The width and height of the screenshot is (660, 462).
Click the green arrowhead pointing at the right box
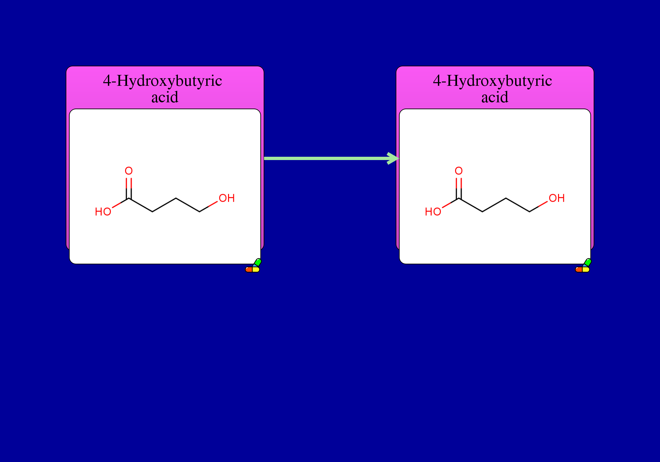(393, 158)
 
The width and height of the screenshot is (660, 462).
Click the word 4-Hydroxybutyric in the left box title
(162, 81)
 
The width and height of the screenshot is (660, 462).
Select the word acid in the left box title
(165, 97)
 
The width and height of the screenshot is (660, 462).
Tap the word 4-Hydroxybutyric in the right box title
(492, 81)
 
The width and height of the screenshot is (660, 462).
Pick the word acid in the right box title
(495, 97)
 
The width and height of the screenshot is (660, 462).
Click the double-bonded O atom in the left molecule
(129, 171)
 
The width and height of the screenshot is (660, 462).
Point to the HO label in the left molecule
(103, 212)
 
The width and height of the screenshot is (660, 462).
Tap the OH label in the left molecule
(227, 198)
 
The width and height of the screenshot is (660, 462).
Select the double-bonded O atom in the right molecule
(459, 171)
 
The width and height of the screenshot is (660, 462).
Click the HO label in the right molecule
(433, 212)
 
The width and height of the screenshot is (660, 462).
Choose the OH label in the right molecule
(557, 198)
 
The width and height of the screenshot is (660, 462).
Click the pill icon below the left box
(253, 266)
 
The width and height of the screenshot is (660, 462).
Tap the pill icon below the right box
(583, 266)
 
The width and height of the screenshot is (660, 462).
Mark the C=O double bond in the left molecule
(129, 188)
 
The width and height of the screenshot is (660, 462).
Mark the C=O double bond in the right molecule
(459, 188)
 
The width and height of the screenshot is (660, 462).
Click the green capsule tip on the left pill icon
(258, 262)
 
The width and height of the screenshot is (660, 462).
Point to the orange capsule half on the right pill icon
(579, 270)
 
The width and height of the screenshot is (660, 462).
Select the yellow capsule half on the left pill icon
(256, 270)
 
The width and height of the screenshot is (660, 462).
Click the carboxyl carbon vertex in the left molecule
(129, 198)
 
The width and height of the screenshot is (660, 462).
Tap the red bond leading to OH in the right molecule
(543, 204)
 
